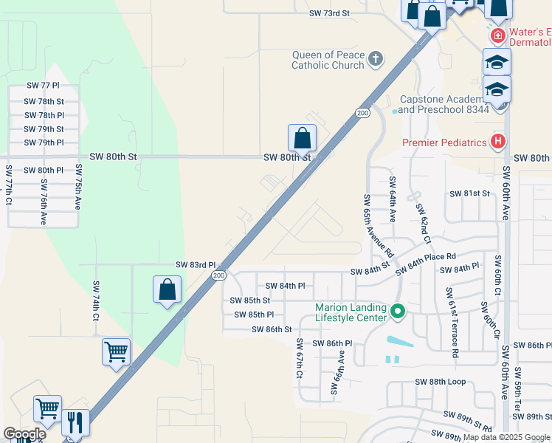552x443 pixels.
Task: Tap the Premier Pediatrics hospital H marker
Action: tap(499, 142)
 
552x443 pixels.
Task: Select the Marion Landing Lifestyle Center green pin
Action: tap(399, 312)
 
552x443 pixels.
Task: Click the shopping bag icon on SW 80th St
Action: tap(302, 137)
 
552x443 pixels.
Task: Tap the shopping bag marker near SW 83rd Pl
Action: tap(168, 289)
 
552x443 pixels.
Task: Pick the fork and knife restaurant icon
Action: tap(75, 422)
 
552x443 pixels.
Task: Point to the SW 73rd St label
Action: tap(329, 13)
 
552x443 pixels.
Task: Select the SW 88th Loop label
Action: tap(441, 382)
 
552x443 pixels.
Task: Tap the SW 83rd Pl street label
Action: tap(196, 264)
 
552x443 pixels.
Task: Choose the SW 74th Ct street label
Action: tap(95, 301)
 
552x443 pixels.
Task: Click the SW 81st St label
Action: tap(470, 193)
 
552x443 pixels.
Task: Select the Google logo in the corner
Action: tap(24, 434)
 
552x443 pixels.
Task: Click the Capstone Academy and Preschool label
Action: tap(444, 104)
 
